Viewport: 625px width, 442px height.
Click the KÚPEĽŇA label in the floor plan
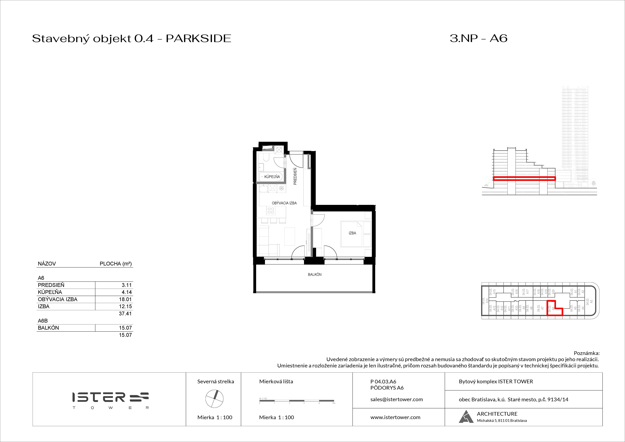[x=272, y=177]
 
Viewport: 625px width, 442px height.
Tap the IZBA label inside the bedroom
[x=352, y=233]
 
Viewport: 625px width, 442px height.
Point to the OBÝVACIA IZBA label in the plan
[x=284, y=203]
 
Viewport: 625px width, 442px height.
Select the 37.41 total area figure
[x=125, y=313]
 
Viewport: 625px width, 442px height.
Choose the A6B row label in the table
[x=43, y=321]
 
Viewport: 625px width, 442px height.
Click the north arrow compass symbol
[x=215, y=399]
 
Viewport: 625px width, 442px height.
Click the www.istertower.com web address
[x=395, y=417]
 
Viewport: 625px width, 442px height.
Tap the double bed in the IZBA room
[x=355, y=234]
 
